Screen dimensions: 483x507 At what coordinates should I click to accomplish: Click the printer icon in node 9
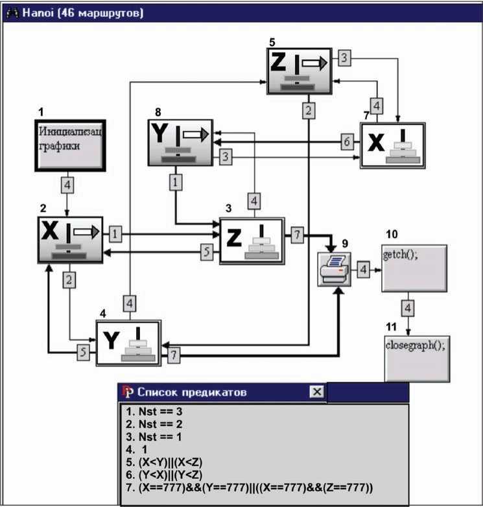click(x=335, y=269)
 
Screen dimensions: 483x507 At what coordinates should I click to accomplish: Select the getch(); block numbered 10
click(x=414, y=268)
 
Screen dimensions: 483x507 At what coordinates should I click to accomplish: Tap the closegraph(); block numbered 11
click(x=417, y=359)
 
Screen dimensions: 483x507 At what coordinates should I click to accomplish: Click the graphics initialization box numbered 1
click(x=70, y=145)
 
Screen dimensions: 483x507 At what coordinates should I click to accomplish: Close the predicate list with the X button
click(x=316, y=392)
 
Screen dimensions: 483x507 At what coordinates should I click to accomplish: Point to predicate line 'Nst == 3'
click(x=154, y=411)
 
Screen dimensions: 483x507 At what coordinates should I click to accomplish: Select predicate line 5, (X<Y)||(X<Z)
click(x=164, y=462)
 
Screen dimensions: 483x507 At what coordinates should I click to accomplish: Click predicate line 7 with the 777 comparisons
click(x=249, y=488)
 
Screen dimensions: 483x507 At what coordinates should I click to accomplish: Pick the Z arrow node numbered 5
click(x=299, y=71)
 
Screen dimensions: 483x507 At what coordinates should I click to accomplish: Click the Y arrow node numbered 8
click(x=180, y=143)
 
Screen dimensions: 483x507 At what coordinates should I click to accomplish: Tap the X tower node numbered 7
click(x=392, y=145)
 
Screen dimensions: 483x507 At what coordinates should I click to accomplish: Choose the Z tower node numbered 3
click(x=252, y=241)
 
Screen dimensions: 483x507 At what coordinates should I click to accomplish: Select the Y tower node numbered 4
click(x=128, y=343)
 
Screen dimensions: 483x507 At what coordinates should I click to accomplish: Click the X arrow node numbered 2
click(x=70, y=240)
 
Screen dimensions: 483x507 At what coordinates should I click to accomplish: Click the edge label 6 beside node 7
click(x=347, y=141)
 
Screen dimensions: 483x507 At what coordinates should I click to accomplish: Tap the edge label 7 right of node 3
click(x=297, y=235)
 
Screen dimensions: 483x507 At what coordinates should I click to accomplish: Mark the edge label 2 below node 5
click(x=309, y=111)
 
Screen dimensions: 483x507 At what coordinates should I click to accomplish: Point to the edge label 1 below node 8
click(x=176, y=182)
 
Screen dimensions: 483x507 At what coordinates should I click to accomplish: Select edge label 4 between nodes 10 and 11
click(x=408, y=308)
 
